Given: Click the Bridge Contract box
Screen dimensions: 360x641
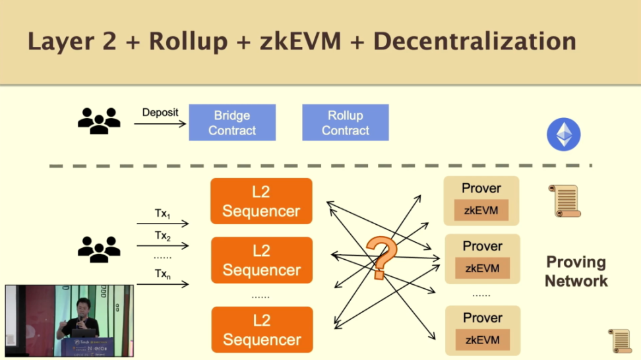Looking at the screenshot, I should pyautogui.click(x=232, y=123).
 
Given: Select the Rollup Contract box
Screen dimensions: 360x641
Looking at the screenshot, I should pyautogui.click(x=345, y=123).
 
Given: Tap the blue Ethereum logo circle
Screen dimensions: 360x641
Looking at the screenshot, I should pyautogui.click(x=563, y=135).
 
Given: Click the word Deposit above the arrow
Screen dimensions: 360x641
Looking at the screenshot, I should pyautogui.click(x=160, y=112).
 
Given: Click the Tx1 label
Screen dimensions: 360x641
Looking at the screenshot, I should pyautogui.click(x=162, y=214).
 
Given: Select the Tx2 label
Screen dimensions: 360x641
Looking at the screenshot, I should pyautogui.click(x=162, y=236).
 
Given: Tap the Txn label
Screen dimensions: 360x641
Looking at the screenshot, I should pyautogui.click(x=162, y=276).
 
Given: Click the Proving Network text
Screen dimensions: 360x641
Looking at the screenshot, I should pyautogui.click(x=576, y=271).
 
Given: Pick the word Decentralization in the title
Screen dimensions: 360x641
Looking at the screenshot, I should pyautogui.click(x=474, y=41).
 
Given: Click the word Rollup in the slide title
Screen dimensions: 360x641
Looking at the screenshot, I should pyautogui.click(x=183, y=41).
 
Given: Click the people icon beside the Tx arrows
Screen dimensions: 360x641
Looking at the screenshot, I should pyautogui.click(x=99, y=249).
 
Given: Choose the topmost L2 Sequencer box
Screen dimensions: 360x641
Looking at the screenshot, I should pyautogui.click(x=261, y=202).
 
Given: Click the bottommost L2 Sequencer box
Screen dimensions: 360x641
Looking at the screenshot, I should pyautogui.click(x=261, y=330).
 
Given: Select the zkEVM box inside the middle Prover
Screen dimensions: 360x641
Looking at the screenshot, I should pyautogui.click(x=482, y=268).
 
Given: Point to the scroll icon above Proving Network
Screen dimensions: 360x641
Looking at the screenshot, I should pyautogui.click(x=565, y=200).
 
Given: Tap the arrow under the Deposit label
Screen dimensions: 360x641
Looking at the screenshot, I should pyautogui.click(x=164, y=123).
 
